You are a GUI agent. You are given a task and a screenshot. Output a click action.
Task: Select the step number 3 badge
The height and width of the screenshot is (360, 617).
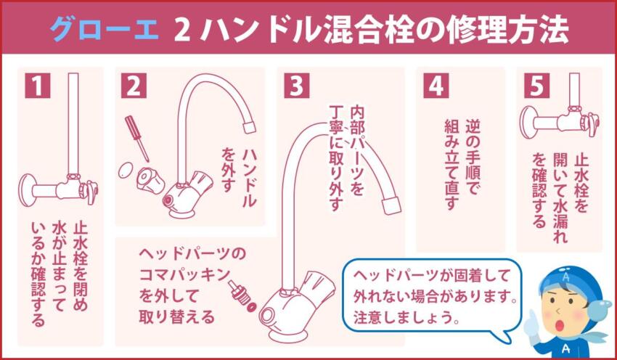295,86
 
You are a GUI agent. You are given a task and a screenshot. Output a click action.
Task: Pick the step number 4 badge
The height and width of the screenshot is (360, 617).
433,86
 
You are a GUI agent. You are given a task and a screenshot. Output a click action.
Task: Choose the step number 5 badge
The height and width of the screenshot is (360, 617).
536,86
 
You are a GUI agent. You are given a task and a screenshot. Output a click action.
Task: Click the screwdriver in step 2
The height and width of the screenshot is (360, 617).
136,137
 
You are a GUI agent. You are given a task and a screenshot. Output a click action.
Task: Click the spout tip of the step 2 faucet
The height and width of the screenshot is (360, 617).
246,126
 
